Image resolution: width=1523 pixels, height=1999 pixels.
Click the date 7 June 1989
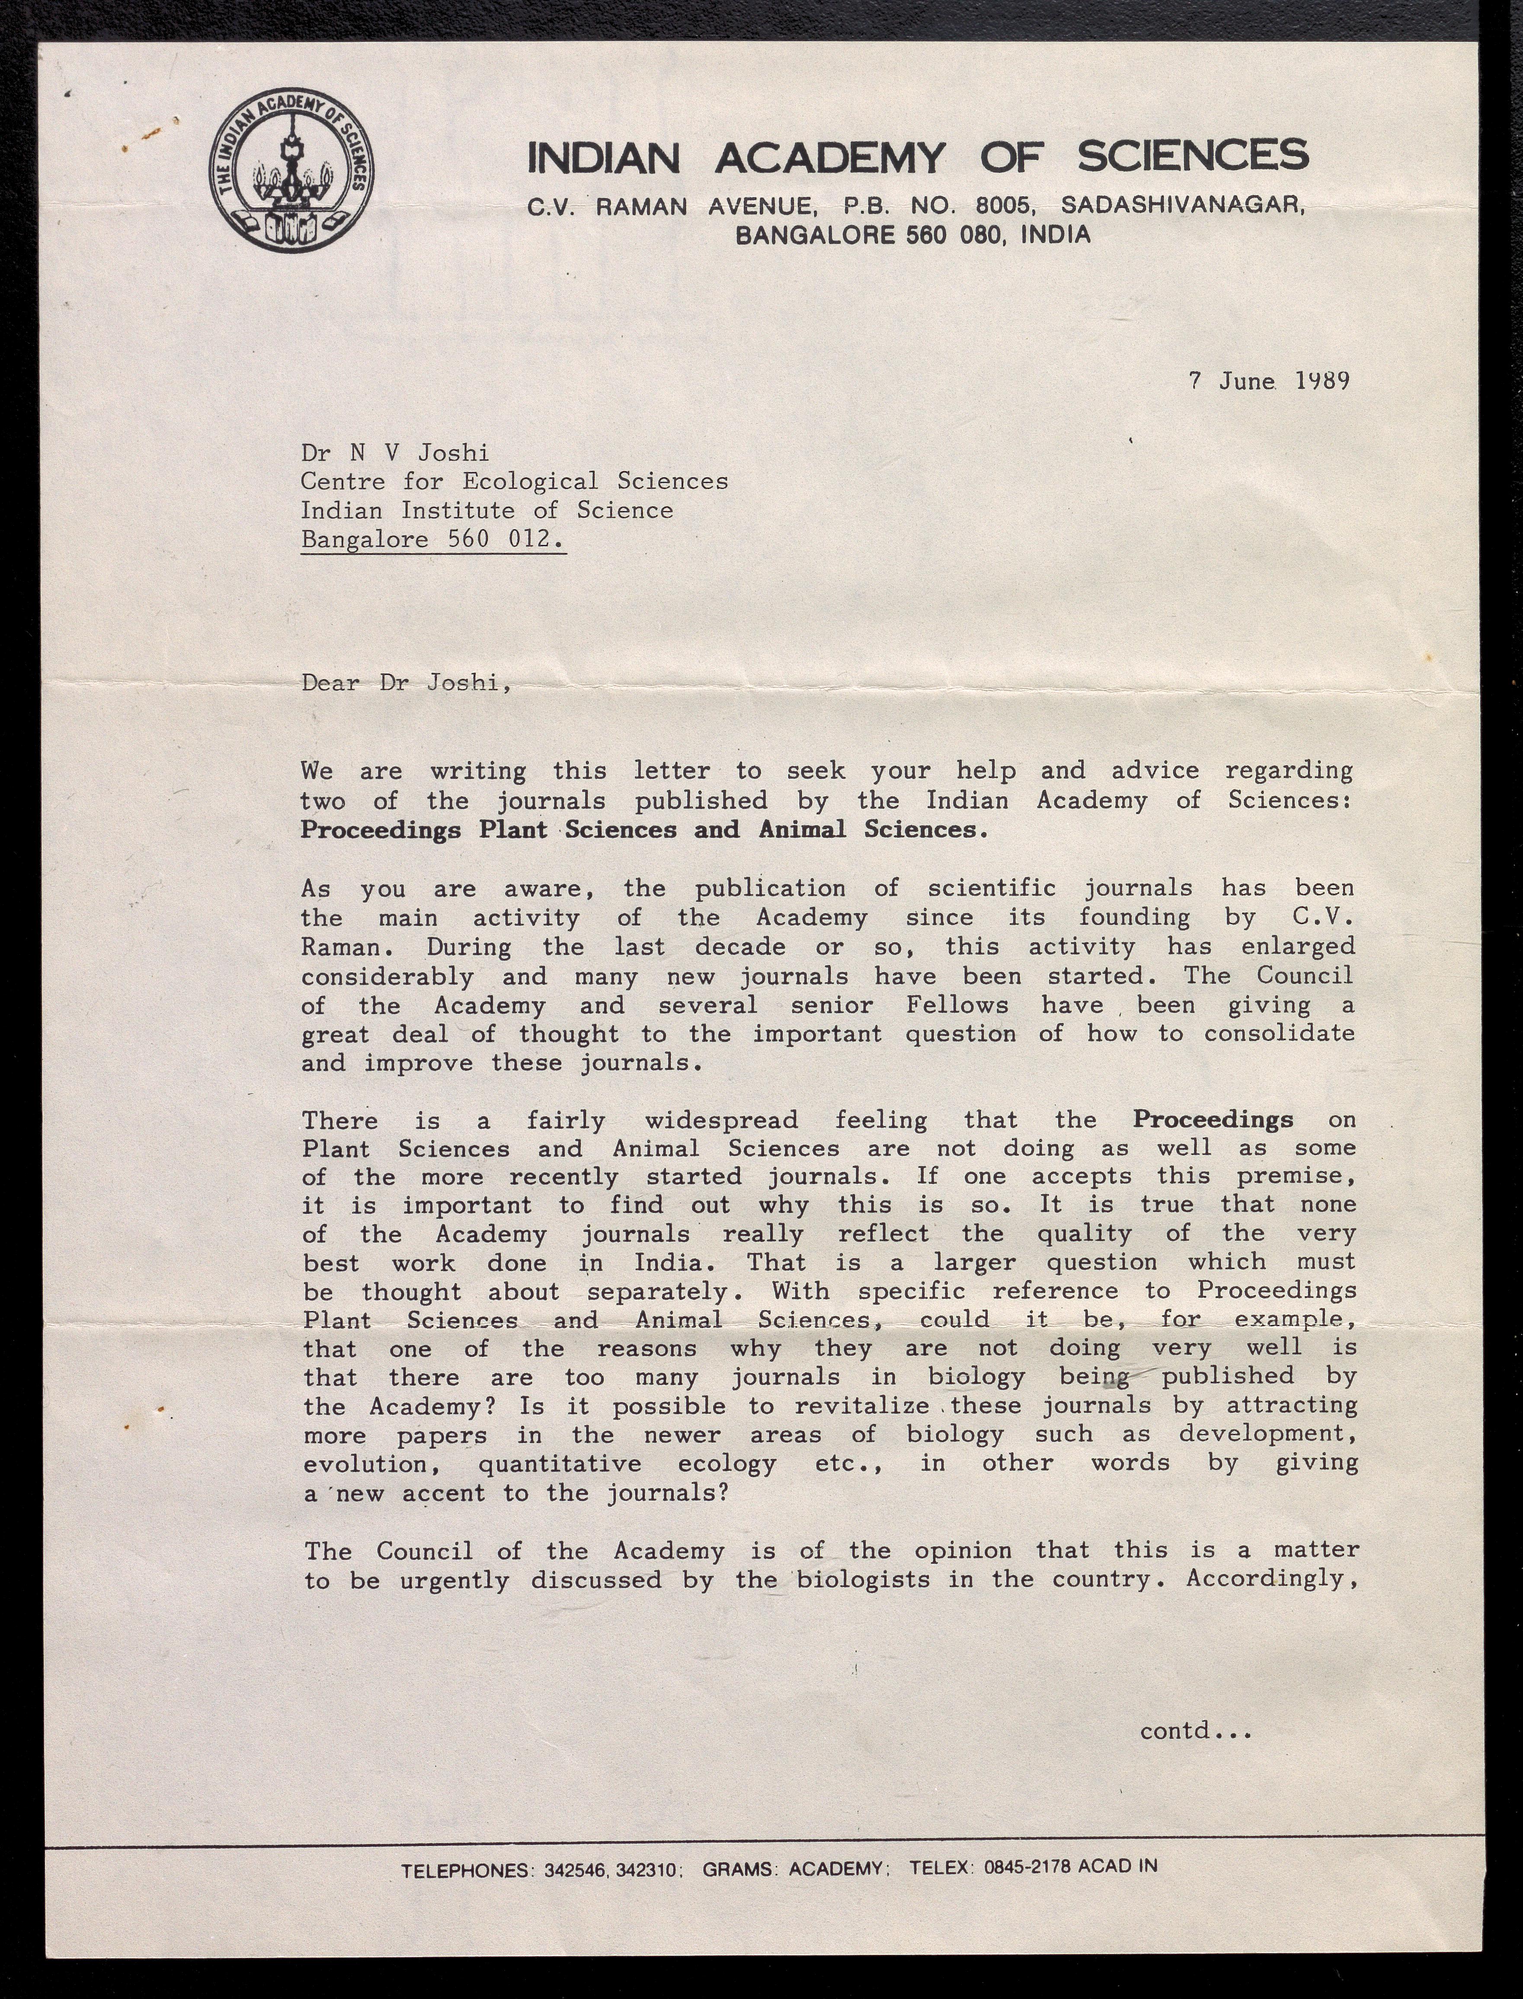tap(1269, 381)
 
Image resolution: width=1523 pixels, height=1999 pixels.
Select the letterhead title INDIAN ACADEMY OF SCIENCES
tap(918, 157)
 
